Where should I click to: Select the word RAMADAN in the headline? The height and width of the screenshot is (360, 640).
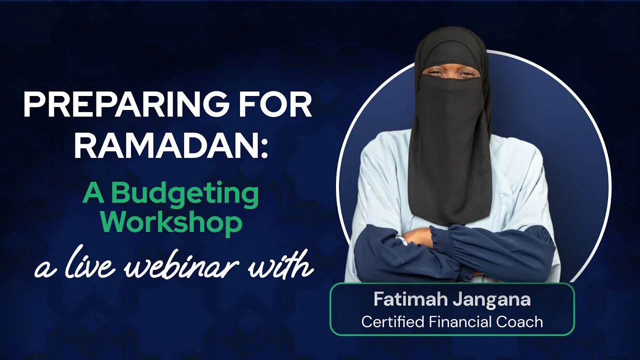tap(166, 145)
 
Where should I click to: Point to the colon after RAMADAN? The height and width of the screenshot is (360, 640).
tap(264, 148)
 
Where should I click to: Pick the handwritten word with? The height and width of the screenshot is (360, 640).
tap(280, 263)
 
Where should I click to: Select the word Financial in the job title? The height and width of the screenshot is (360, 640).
tap(460, 321)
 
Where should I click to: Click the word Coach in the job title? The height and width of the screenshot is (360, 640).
tap(519, 321)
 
